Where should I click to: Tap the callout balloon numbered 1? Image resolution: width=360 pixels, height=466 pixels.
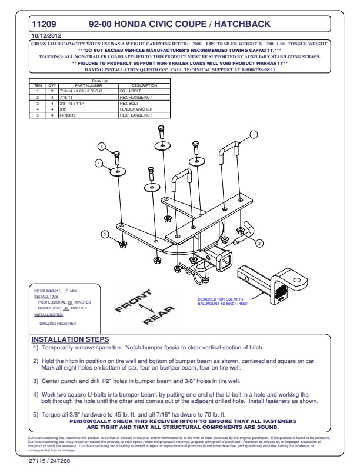click(254, 135)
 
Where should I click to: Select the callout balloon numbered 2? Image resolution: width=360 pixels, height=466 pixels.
click(259, 243)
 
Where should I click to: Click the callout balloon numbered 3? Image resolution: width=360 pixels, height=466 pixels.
click(101, 147)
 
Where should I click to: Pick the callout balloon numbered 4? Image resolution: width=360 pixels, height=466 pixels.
click(99, 163)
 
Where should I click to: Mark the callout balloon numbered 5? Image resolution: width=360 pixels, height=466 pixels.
click(105, 234)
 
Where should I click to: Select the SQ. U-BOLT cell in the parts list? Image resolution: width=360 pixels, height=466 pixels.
click(131, 92)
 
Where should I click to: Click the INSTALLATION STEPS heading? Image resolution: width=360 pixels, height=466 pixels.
click(69, 340)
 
